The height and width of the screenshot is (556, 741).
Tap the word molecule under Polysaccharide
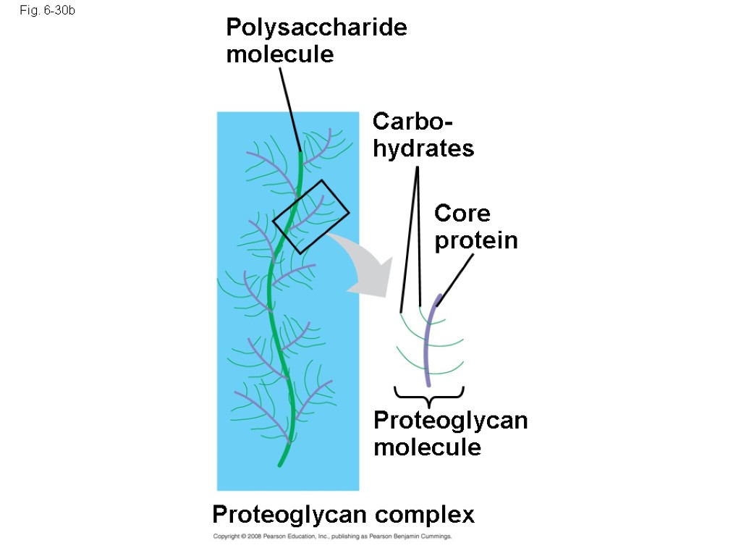(x=280, y=54)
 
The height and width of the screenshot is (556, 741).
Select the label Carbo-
(x=408, y=121)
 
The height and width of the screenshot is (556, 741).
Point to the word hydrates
(x=423, y=148)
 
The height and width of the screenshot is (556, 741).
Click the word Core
(x=462, y=214)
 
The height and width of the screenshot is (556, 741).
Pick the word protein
(x=476, y=240)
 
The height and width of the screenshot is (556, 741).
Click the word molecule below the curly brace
(x=427, y=447)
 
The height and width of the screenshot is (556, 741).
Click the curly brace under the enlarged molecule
(x=429, y=396)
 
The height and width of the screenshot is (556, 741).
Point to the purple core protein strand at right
(x=428, y=340)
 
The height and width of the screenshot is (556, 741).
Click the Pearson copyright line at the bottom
(x=332, y=537)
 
